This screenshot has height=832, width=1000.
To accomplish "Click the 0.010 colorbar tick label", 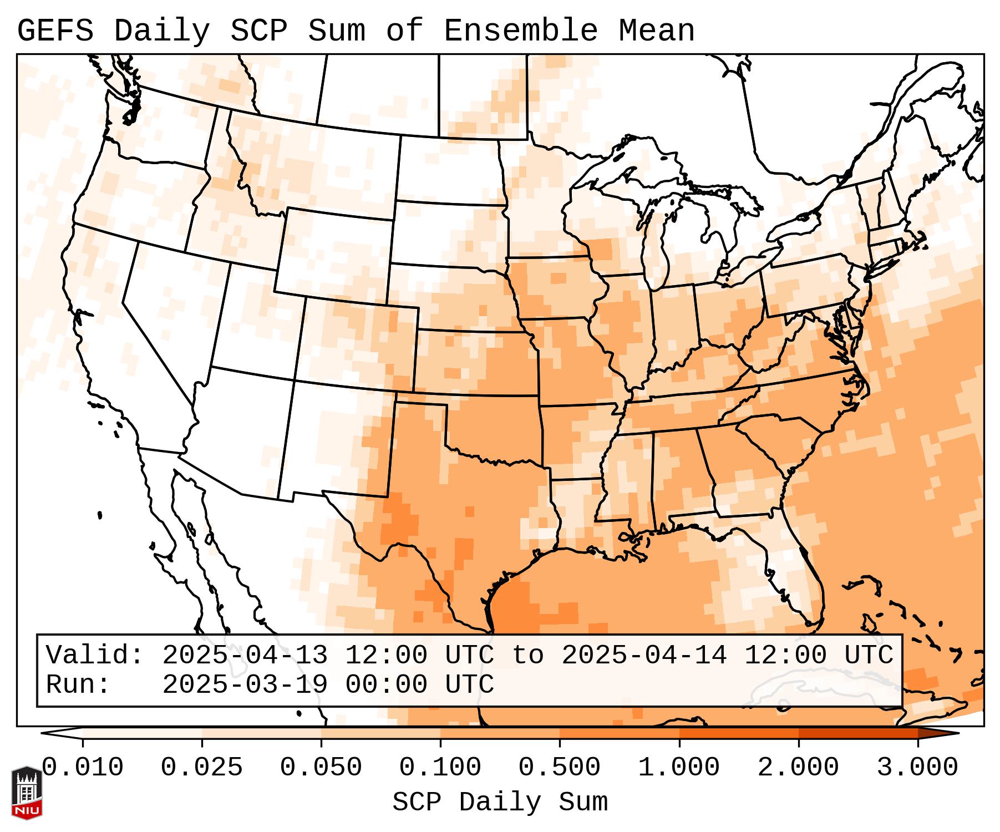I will [83, 768].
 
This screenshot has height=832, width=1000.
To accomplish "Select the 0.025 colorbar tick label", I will [202, 768].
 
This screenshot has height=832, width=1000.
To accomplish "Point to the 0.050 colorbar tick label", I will [321, 768].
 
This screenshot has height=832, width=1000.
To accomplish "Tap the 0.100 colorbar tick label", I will [440, 768].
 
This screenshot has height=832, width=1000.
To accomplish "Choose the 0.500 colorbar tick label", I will [560, 768].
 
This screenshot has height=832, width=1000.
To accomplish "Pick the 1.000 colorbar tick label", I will [679, 768].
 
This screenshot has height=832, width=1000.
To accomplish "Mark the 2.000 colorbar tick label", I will [798, 768].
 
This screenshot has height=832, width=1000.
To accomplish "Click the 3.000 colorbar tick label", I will [917, 768].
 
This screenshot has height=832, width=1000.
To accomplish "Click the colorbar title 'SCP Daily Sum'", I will [500, 802].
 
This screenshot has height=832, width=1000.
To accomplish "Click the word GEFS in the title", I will [55, 31].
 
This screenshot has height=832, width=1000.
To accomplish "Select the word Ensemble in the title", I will [521, 31].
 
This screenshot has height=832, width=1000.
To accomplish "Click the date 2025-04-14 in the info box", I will [644, 655].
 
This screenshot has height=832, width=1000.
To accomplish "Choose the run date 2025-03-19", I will [245, 684].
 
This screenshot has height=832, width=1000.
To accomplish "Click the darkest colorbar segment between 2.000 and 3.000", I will [858, 733].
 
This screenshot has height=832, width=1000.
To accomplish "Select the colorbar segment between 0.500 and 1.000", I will [620, 733].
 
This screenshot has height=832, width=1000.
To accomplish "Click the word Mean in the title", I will [657, 31].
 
